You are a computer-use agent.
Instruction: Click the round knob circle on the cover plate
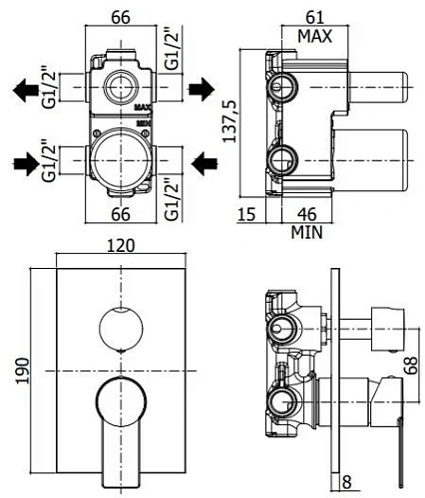(119, 329)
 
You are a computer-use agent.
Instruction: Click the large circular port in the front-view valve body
(119, 162)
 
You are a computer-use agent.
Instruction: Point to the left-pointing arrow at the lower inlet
(203, 160)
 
